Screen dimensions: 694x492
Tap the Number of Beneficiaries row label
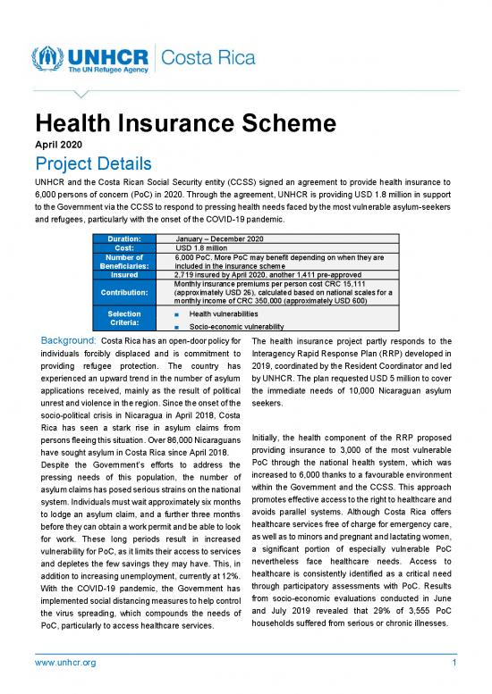coord(123,262)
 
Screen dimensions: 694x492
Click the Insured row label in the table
coord(123,275)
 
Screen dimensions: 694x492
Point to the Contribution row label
coord(123,292)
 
